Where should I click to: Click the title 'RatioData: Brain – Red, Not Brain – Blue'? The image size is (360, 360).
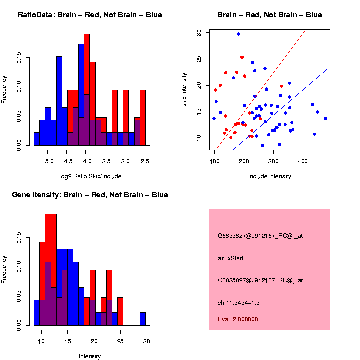point(90,15)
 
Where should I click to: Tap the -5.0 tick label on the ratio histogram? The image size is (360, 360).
point(48,162)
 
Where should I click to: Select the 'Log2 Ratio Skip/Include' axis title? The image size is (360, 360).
point(90,176)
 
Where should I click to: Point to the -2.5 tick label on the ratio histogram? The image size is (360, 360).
point(143,162)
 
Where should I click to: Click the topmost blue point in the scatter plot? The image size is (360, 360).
point(238,34)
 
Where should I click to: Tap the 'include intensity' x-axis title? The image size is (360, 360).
point(270,176)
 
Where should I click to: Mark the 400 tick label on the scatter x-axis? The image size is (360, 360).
point(302,162)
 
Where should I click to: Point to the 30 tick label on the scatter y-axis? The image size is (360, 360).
point(199,33)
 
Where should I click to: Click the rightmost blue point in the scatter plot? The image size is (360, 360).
point(325,118)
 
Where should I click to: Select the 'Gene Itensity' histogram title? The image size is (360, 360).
point(90,195)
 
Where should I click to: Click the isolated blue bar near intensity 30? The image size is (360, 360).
point(143,319)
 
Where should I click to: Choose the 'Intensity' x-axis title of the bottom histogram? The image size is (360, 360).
point(90,356)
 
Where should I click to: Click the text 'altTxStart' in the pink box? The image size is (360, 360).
point(230,258)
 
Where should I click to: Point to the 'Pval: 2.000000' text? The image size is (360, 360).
point(238,319)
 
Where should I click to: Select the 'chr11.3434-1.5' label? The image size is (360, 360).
point(239,303)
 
